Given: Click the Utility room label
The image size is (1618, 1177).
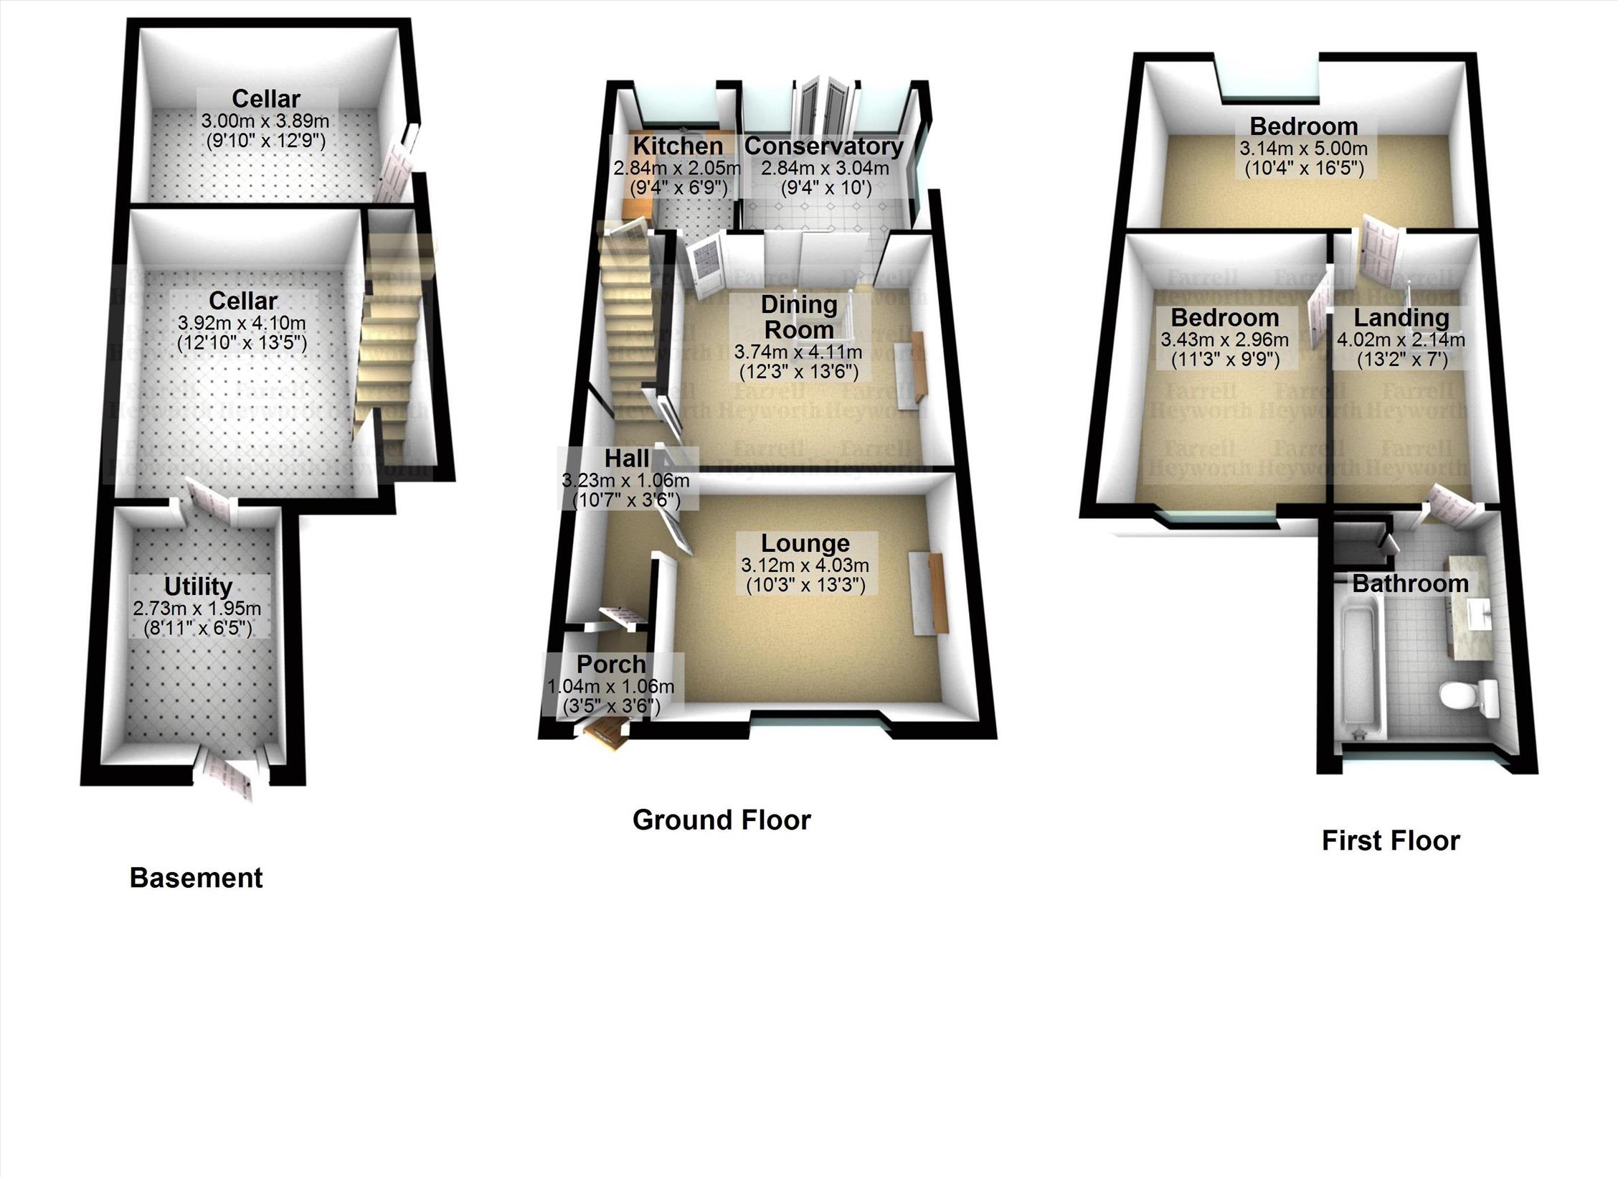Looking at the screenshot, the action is [x=198, y=586].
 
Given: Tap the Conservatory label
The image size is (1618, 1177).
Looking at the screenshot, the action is [x=823, y=146].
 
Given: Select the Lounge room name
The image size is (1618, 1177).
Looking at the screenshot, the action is [x=805, y=543].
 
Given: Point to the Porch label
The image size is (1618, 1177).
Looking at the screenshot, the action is [x=611, y=665].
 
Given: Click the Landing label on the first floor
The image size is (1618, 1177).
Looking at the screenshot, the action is [x=1401, y=317].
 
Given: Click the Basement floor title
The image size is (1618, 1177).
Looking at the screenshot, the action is [x=196, y=878].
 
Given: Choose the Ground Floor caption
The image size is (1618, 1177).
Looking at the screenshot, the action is [x=722, y=820].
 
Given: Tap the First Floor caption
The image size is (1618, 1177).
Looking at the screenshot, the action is [x=1390, y=840].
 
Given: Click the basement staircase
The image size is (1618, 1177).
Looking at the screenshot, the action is [x=391, y=344].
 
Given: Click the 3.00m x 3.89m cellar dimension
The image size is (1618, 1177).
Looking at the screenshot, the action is [x=265, y=121].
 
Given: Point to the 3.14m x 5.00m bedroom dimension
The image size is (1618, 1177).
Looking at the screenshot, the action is [x=1303, y=149].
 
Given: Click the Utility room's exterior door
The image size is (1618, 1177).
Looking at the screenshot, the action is [x=231, y=776].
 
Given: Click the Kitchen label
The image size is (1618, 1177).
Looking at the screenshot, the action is [x=678, y=146].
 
